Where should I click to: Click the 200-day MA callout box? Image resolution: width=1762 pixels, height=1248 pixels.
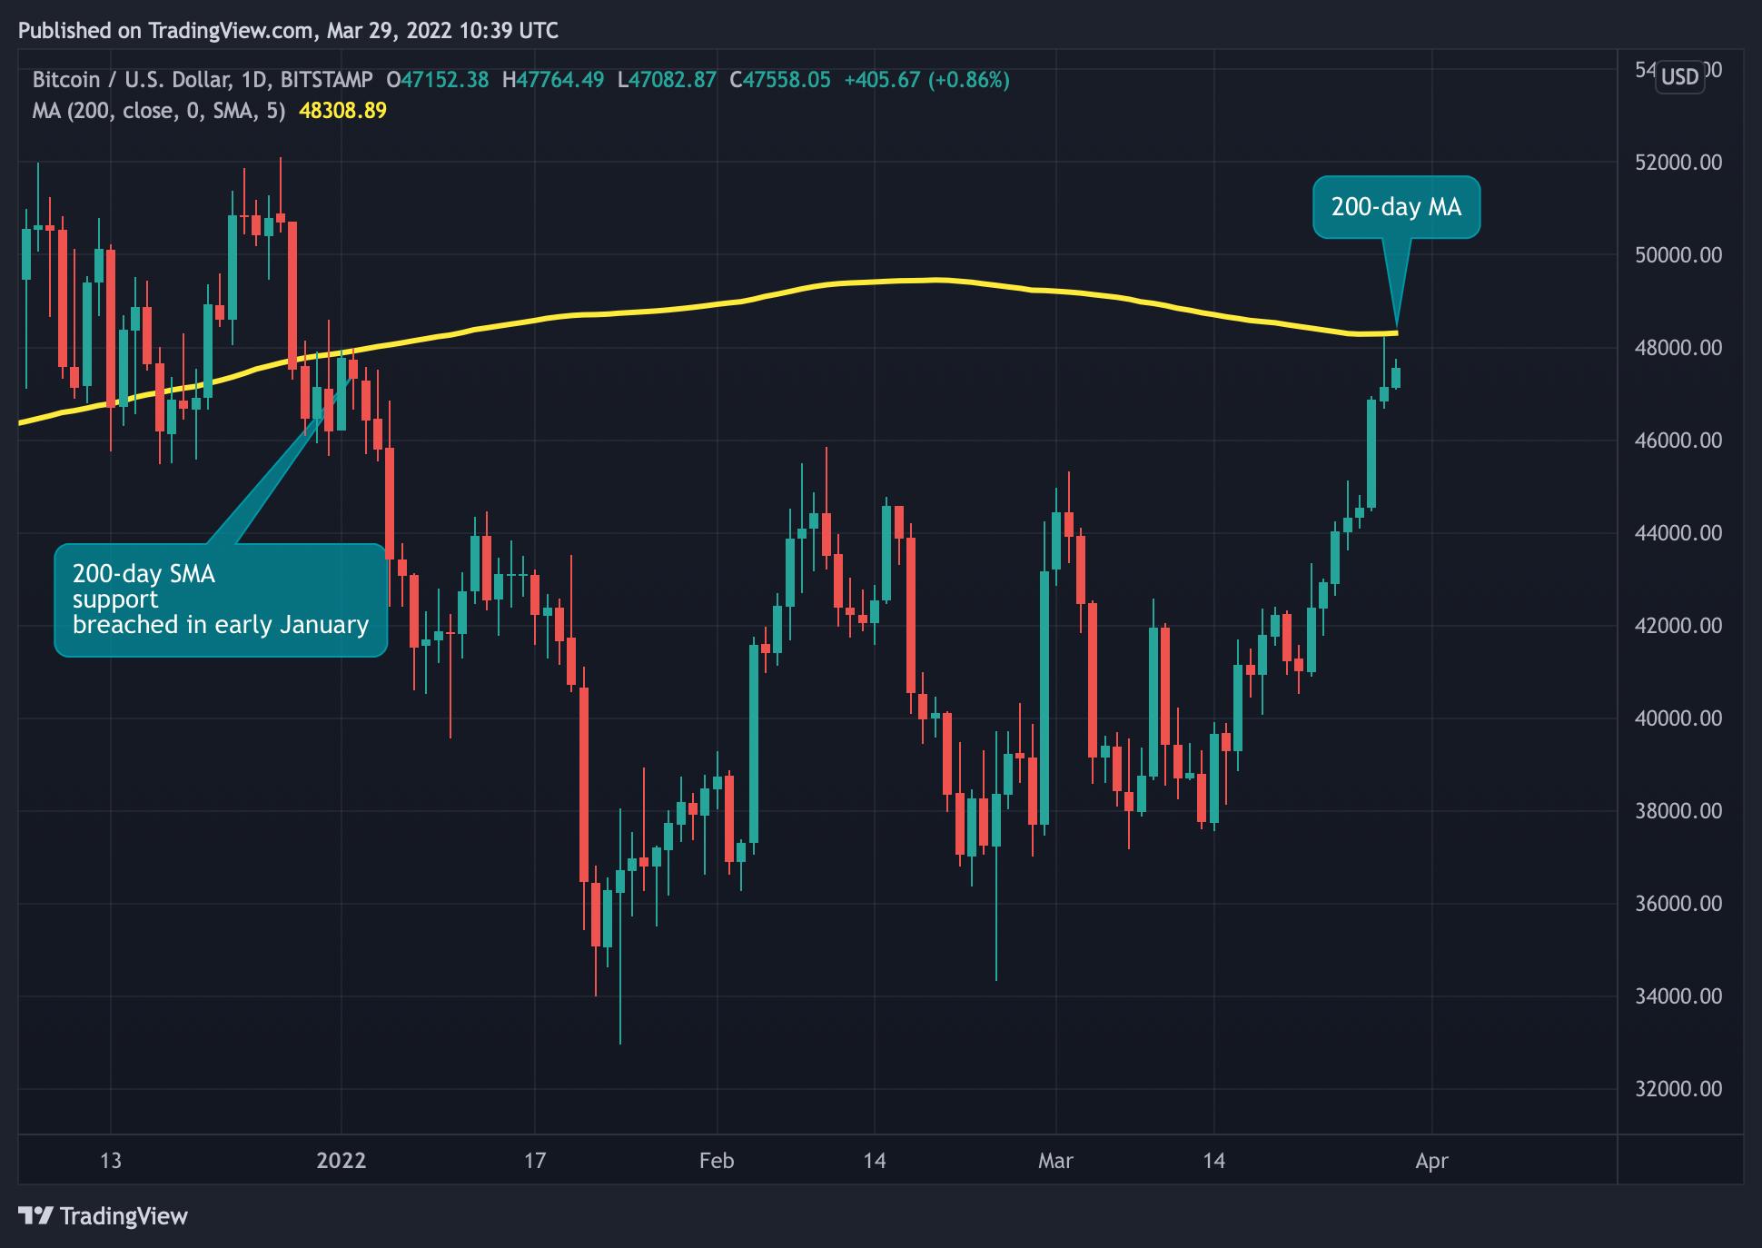[x=1396, y=207]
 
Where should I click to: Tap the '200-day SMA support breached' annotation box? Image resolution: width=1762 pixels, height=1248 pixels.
[x=221, y=599]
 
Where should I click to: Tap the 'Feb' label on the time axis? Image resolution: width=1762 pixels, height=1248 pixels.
[x=717, y=1160]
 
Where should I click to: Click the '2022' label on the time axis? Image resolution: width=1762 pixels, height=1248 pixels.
[x=341, y=1160]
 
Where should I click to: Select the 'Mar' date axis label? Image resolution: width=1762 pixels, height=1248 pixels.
[x=1055, y=1160]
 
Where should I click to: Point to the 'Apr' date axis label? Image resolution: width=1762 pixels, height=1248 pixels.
[x=1431, y=1160]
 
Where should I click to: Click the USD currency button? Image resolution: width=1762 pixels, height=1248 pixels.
[x=1679, y=76]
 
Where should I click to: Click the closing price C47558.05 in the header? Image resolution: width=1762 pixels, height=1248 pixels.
[x=780, y=80]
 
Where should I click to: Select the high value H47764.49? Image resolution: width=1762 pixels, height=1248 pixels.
[x=553, y=80]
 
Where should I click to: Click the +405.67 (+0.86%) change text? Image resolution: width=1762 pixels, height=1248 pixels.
[x=926, y=80]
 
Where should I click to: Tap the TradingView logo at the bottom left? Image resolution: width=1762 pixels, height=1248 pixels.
[x=103, y=1215]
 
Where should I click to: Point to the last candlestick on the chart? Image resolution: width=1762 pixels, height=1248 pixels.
[x=1396, y=377]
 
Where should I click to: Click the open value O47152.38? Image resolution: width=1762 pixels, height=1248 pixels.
[x=438, y=80]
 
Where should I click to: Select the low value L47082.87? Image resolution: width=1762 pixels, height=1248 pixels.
[x=667, y=80]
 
